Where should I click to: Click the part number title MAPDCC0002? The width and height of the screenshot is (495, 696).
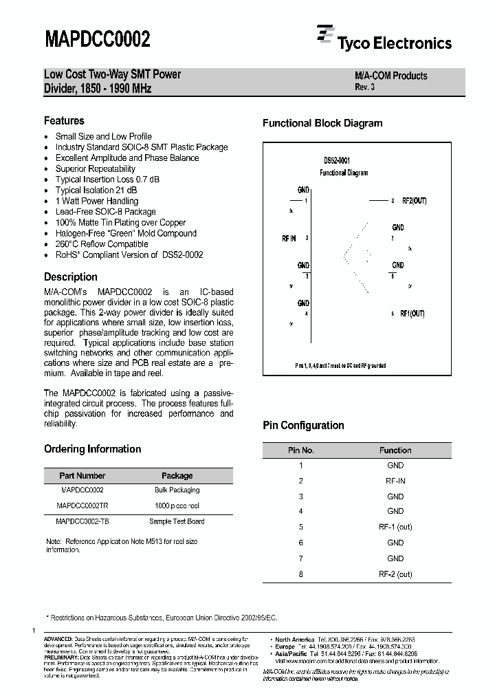[97, 39]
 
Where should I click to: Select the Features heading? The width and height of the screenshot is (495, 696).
[64, 120]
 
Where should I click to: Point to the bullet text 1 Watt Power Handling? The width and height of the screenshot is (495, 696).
[96, 201]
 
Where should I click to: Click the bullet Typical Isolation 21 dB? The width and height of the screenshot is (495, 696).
[96, 191]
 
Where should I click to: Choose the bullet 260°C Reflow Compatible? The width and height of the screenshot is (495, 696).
[101, 244]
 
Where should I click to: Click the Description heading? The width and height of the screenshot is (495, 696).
[71, 277]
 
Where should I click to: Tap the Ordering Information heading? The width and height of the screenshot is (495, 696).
[92, 449]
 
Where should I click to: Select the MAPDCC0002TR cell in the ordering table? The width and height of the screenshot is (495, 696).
[82, 505]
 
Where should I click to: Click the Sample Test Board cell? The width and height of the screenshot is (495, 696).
[177, 521]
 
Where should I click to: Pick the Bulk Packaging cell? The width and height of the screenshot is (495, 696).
[177, 490]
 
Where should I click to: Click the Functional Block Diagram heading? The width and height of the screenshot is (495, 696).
[322, 124]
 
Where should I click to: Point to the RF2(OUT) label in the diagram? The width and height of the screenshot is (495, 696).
[414, 201]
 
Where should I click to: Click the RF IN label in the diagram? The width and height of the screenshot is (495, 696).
[289, 238]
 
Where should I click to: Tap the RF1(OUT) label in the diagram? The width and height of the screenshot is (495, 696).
[413, 314]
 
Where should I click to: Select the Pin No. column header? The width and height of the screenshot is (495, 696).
[300, 450]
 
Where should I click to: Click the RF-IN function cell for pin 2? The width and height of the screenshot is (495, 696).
[395, 481]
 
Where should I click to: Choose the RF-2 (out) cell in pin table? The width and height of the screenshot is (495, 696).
[395, 574]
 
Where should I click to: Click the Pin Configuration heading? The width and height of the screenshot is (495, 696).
[303, 426]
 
